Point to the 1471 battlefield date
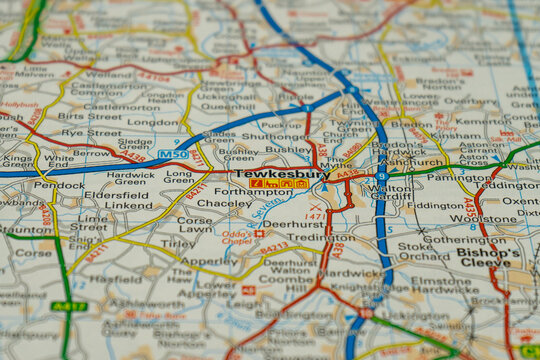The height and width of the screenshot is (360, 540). pos(315,216)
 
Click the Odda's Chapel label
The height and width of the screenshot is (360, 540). pos(236,237)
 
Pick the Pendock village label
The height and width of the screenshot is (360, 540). pos(59,185)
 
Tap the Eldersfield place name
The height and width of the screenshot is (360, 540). pos(115,195)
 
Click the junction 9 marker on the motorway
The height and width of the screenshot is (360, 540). pos(381,176)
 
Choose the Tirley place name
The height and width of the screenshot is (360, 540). pos(178,243)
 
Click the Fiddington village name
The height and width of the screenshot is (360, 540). pos(436,206)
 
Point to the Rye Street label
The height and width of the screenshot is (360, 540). pos(91,132)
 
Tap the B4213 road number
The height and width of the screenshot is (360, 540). pos(274,246)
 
